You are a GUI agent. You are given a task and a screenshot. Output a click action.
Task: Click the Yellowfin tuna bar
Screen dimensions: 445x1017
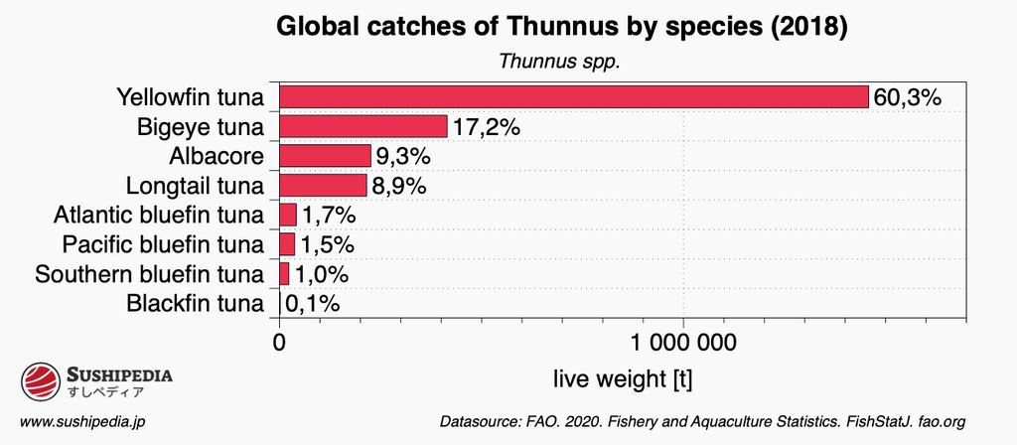[574, 96]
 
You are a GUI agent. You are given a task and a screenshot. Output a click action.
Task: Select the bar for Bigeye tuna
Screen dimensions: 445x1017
[363, 126]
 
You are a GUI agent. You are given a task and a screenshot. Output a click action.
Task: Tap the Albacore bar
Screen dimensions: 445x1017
[325, 156]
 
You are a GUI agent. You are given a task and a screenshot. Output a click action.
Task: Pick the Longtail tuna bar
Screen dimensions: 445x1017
[323, 186]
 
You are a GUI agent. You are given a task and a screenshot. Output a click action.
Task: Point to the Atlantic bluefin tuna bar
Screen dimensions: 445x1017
[288, 215]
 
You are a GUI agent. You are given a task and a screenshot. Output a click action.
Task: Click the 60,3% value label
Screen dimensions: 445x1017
[907, 97]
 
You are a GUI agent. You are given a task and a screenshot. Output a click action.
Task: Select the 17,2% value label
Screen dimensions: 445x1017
[487, 127]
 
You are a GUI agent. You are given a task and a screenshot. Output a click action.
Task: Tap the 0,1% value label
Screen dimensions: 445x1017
[313, 303]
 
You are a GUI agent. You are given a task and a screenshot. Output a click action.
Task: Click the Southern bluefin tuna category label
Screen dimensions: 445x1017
[149, 274]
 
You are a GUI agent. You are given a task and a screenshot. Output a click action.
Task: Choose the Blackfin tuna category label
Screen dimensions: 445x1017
[196, 303]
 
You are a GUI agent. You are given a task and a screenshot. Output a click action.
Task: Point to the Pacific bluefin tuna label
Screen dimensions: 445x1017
[163, 244]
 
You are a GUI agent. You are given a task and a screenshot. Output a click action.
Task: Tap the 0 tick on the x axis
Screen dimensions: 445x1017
[279, 344]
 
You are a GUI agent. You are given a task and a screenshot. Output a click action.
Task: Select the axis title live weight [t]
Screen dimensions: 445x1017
[621, 378]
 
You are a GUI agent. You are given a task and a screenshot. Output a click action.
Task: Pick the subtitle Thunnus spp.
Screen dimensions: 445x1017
[559, 61]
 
